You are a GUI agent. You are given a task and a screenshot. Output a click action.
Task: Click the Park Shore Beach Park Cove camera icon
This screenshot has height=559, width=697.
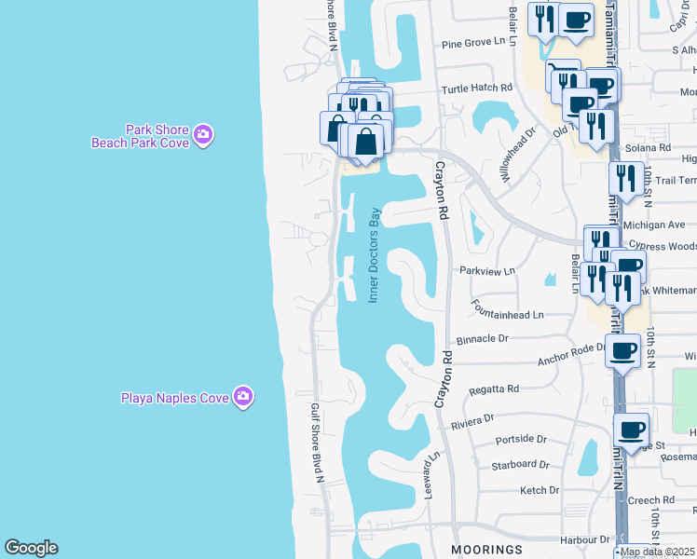(x=203, y=136)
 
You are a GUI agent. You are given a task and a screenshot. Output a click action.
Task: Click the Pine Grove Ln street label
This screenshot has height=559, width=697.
(x=478, y=43)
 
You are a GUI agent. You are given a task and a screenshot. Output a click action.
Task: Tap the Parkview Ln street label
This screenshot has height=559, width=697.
(x=486, y=271)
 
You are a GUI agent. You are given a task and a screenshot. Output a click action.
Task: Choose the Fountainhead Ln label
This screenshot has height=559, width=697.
(x=507, y=315)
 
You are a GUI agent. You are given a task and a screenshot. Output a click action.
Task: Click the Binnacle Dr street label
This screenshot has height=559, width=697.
(x=483, y=340)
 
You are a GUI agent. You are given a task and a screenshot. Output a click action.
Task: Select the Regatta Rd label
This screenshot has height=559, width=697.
(x=494, y=388)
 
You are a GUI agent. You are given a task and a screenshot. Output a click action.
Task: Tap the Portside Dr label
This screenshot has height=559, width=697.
(x=520, y=439)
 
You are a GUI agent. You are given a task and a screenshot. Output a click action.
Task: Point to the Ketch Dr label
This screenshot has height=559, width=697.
(x=539, y=490)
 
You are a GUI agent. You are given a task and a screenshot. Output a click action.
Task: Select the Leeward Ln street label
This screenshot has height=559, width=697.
(x=432, y=475)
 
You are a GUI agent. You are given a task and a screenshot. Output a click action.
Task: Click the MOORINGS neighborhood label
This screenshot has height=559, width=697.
(x=486, y=550)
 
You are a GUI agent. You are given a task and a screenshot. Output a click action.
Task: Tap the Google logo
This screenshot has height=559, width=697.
(x=31, y=548)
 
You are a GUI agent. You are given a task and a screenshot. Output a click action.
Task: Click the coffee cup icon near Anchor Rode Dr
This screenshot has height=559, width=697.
(x=622, y=351)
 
